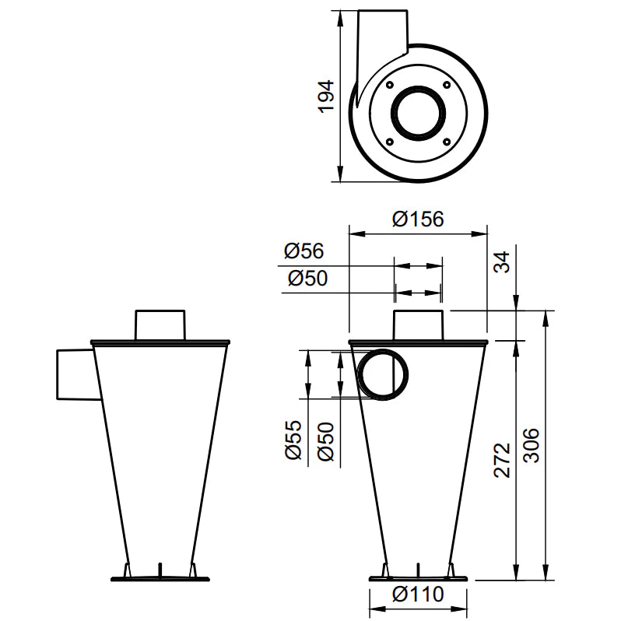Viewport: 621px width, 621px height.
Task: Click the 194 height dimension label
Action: pyautogui.click(x=327, y=96)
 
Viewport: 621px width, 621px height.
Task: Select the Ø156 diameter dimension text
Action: pyautogui.click(x=418, y=219)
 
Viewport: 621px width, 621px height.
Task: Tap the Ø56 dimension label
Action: pyautogui.click(x=303, y=251)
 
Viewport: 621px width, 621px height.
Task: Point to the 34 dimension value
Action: pyautogui.click(x=505, y=262)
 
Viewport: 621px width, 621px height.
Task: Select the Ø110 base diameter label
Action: pyautogui.click(x=418, y=595)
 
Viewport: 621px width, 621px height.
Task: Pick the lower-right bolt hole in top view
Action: pyautogui.click(x=447, y=141)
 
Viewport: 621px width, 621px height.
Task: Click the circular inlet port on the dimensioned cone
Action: pyautogui.click(x=382, y=374)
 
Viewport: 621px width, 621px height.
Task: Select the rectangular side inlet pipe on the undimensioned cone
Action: pyautogui.click(x=76, y=374)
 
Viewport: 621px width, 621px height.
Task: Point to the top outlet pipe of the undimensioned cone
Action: pyautogui.click(x=160, y=325)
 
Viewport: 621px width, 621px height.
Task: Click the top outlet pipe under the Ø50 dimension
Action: pyautogui.click(x=419, y=325)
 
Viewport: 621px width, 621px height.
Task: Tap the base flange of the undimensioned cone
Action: pyautogui.click(x=161, y=578)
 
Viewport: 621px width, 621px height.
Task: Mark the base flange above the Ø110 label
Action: pyautogui.click(x=419, y=578)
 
